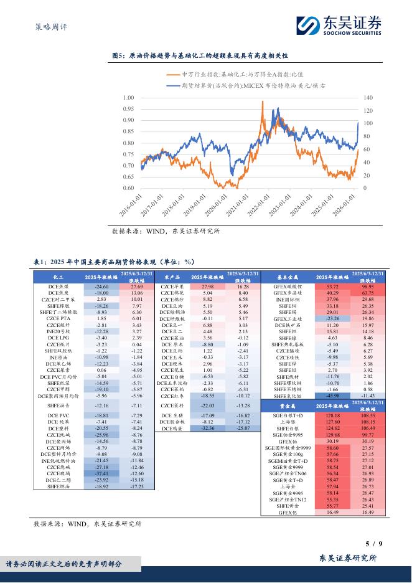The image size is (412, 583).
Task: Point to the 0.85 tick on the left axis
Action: (x=128, y=131)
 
